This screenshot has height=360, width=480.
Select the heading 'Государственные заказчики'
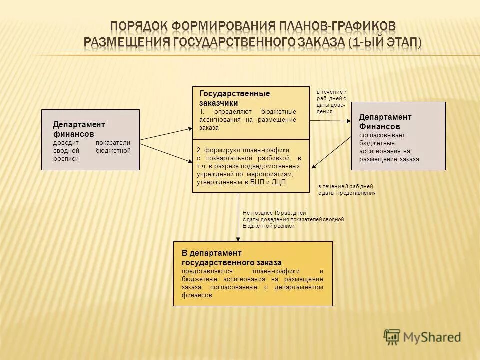click(234, 98)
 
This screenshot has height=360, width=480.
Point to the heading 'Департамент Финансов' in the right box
click(385, 121)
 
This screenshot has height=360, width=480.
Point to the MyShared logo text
click(432, 337)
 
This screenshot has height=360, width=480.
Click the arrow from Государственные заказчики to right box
click(330, 120)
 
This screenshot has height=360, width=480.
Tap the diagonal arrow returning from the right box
click(332, 152)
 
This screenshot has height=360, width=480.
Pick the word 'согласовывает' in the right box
click(375, 135)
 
